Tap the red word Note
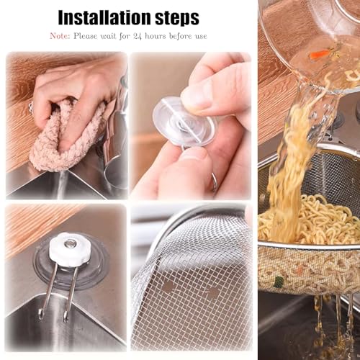pos(60,35)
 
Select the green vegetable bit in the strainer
pos(279,282)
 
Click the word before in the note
pos(184,35)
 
